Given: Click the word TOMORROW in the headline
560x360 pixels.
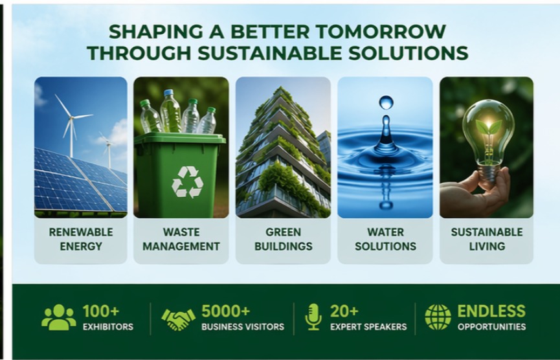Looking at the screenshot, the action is point(381,32).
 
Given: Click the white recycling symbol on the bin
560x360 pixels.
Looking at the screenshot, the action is point(187,182).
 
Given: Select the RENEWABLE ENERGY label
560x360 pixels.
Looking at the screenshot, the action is point(81,239).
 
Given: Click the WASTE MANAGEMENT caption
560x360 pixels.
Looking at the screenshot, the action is point(181,239).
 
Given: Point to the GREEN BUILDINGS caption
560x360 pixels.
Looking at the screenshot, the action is point(283,239).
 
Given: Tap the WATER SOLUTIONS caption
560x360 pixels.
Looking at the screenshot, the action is point(385,239).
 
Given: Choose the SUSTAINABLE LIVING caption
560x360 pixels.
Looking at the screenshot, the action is point(487,239).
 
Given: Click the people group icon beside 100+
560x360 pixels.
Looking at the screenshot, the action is point(59,317).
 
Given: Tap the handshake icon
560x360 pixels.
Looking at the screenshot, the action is point(179,319).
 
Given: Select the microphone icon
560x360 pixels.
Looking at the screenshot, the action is point(313,317).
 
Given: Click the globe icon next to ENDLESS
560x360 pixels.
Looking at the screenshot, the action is point(438,317).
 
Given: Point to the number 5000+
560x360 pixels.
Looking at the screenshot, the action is point(226,311).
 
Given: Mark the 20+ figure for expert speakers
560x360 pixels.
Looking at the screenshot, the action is point(344,311).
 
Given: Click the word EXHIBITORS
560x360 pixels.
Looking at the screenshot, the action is point(108,327).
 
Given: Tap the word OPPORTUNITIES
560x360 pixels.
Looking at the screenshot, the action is point(491,327).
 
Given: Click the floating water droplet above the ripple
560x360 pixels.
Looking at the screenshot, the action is point(386,102).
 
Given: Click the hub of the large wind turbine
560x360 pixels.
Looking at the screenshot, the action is point(71,117).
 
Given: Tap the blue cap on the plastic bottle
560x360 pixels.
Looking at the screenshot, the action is point(168,92).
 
